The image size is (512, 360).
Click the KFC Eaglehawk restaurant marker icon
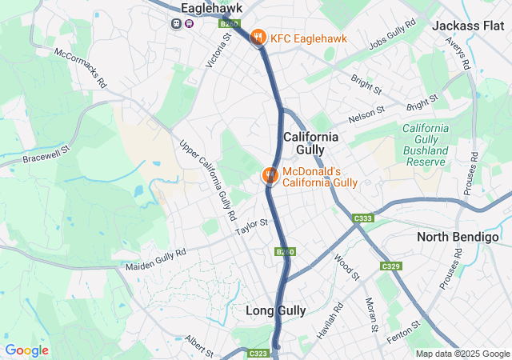[258, 37]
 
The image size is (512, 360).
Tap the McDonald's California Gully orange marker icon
[270, 174]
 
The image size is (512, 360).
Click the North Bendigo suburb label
[458, 237]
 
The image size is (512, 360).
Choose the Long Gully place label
[277, 310]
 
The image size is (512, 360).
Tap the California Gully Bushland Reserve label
[424, 145]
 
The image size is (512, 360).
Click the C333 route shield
[363, 218]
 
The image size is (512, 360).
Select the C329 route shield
[390, 266]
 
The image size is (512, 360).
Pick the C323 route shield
[258, 352]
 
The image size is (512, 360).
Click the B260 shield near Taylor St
[286, 252]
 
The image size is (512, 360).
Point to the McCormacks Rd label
[80, 68]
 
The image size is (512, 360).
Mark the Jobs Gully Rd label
[393, 36]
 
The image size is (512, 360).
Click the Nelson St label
[366, 115]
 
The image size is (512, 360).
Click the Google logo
[26, 350]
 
